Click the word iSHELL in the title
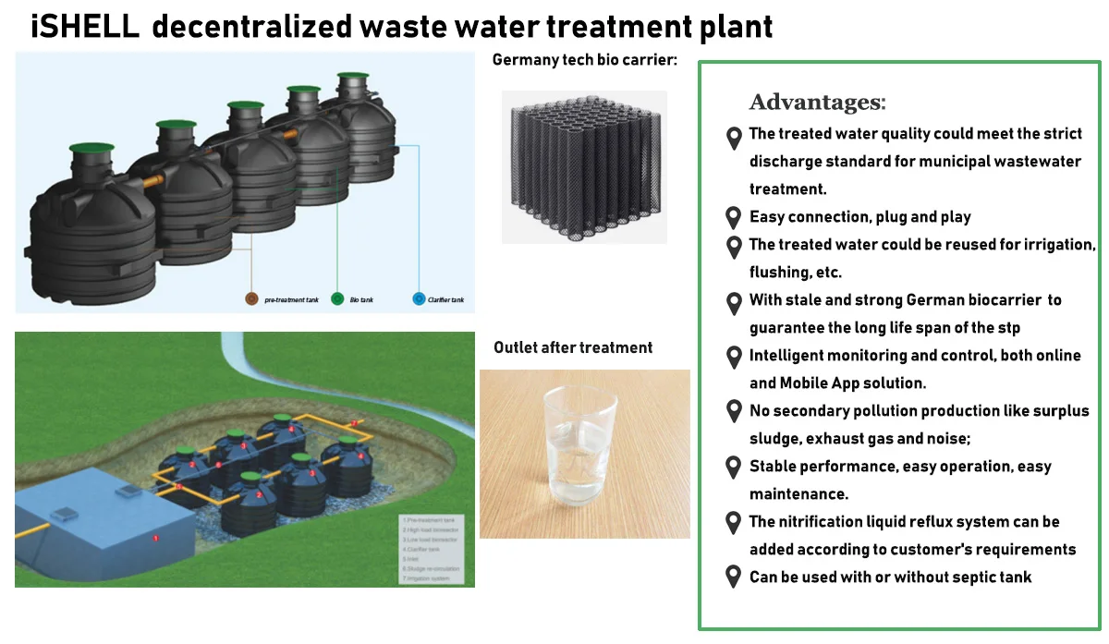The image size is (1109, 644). click(x=84, y=26)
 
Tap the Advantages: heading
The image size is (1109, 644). click(x=817, y=102)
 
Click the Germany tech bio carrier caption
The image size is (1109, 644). click(x=584, y=61)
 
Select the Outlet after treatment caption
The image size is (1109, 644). click(x=573, y=347)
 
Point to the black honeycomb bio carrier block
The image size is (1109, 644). click(x=584, y=167)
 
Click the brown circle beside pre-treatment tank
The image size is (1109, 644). click(x=250, y=299)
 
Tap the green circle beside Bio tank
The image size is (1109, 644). click(x=337, y=299)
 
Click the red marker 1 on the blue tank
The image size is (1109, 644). click(x=155, y=537)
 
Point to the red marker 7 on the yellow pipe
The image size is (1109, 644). click(x=353, y=423)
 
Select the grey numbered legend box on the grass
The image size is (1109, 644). click(x=435, y=550)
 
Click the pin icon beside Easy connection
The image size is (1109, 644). click(x=733, y=218)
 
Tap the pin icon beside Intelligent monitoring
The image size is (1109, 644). click(x=733, y=357)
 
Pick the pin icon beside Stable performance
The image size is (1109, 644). click(x=733, y=468)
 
